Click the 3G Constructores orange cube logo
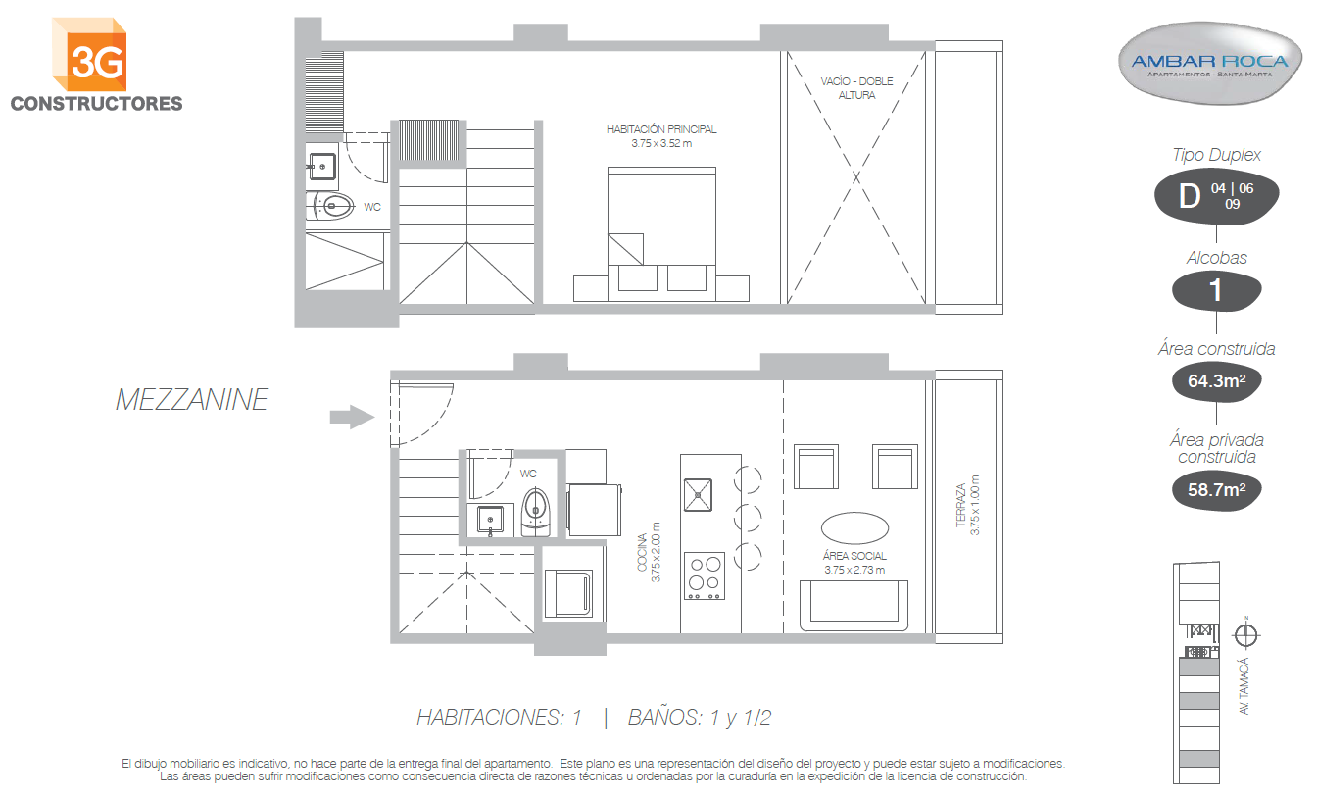point(89,55)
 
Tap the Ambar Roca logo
point(1210,64)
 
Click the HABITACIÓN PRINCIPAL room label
point(661,136)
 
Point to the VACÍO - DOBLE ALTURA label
point(856,88)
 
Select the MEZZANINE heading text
point(192,400)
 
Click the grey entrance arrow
point(352,417)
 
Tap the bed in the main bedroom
point(661,234)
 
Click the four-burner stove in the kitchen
point(705,575)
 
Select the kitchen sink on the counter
point(698,495)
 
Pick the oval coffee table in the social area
point(854,527)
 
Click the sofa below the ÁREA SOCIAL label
point(854,605)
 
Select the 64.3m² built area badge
point(1216,381)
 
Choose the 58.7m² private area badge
point(1216,490)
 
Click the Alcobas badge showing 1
point(1216,290)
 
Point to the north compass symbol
point(1245,634)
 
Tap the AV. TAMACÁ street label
point(1244,686)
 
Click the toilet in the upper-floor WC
point(331,206)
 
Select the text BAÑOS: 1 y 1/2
point(699,718)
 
